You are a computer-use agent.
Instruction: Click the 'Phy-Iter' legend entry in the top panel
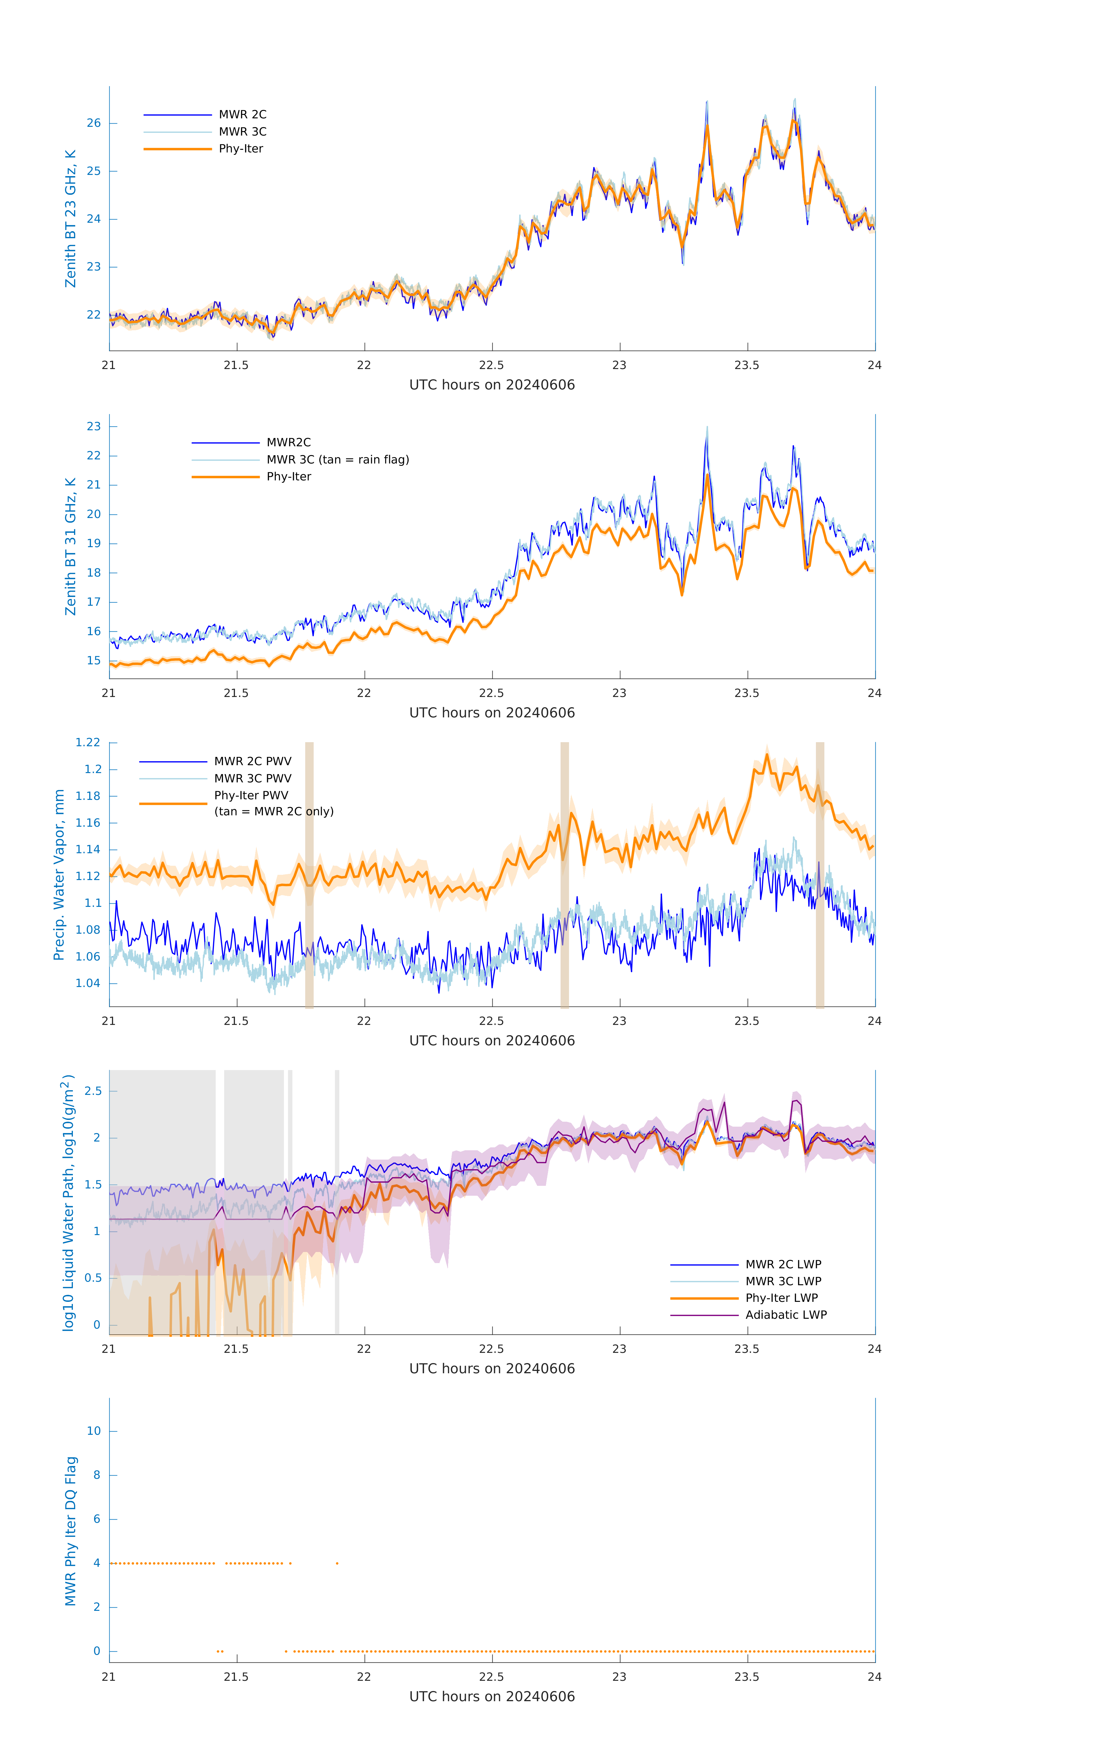(x=240, y=149)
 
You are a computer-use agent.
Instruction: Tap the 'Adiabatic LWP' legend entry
(x=785, y=1315)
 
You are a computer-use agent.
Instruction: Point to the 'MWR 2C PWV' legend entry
(x=252, y=761)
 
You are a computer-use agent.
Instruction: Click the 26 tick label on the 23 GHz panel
(x=94, y=124)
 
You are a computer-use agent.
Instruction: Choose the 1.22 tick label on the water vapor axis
(x=88, y=742)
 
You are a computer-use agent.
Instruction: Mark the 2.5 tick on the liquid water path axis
(x=93, y=1091)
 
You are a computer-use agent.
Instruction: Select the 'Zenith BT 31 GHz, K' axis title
(x=71, y=546)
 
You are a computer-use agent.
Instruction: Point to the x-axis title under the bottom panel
(x=492, y=1697)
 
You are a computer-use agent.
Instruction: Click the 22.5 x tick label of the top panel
(x=492, y=365)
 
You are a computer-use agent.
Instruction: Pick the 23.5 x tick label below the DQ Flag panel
(x=747, y=1677)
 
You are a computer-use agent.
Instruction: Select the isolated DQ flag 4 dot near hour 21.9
(x=337, y=1563)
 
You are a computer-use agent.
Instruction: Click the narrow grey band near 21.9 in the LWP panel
(x=337, y=1202)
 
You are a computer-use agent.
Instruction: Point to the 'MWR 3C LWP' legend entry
(x=783, y=1281)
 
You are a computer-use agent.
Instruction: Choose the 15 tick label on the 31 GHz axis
(x=94, y=661)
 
